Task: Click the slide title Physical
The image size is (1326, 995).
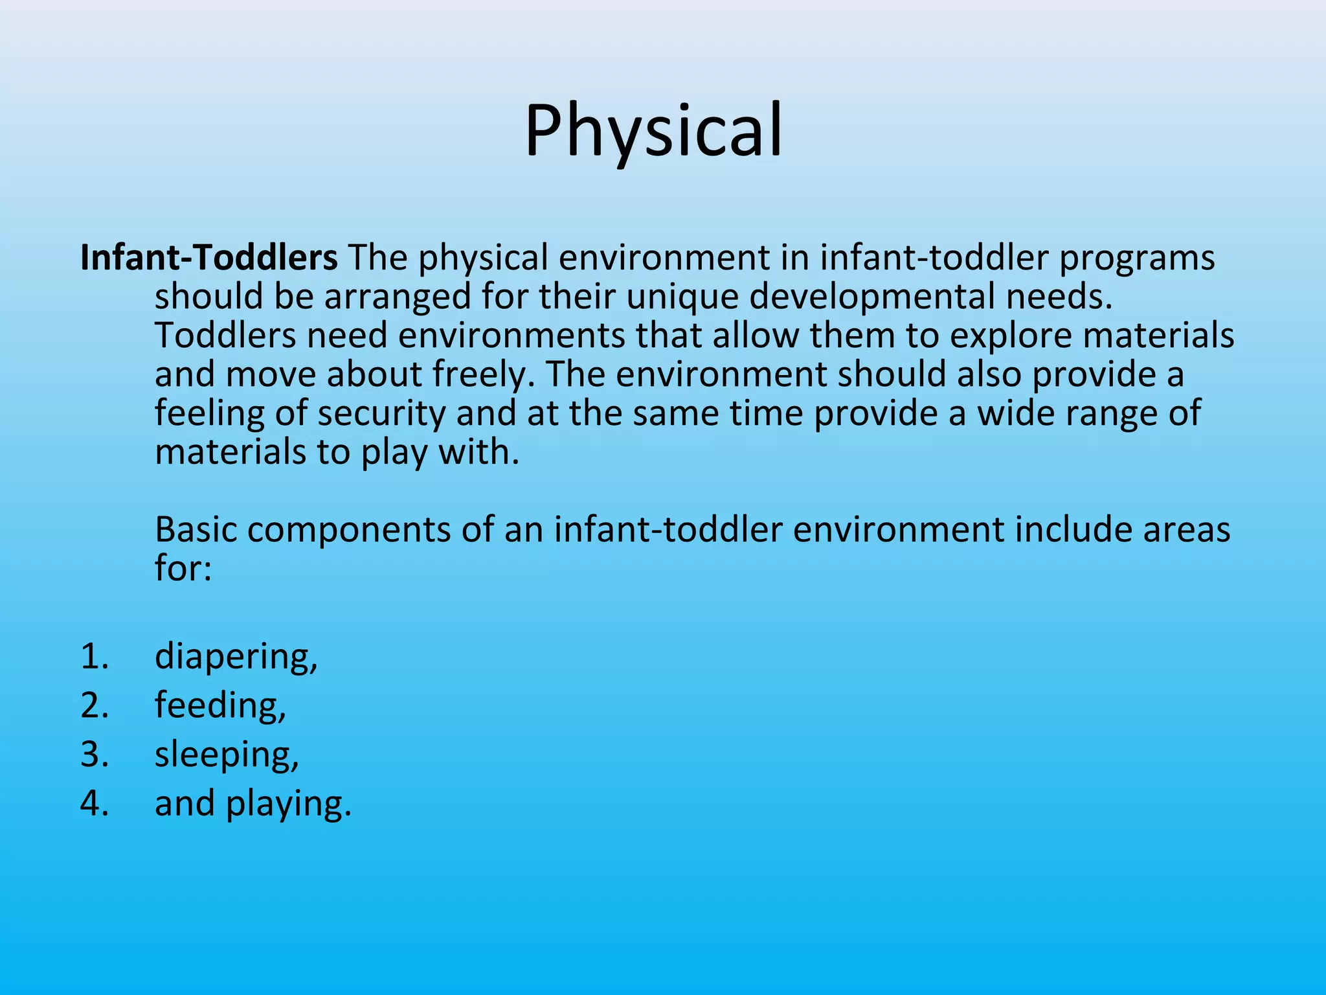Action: pos(653,131)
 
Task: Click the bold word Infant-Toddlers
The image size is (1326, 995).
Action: pos(208,258)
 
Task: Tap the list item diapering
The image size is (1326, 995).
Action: pos(236,657)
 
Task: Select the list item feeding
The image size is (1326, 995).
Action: pos(220,705)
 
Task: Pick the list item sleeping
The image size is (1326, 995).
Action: pos(227,755)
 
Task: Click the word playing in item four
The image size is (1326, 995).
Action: pos(288,805)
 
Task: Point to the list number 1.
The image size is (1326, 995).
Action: pos(95,657)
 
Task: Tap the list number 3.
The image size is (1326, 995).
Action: pos(95,755)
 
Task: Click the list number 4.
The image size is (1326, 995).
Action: pos(95,804)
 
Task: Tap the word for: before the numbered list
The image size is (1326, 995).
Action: pos(183,568)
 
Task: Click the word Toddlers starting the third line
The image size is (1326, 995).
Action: pos(225,336)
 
